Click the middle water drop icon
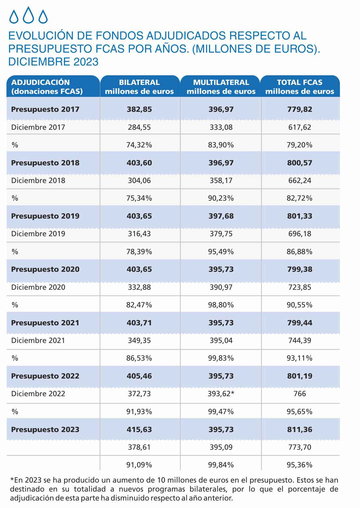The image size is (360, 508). (x=29, y=15)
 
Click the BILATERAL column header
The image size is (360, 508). (x=139, y=87)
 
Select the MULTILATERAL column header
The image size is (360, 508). (x=221, y=87)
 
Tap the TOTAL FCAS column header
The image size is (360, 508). (x=300, y=87)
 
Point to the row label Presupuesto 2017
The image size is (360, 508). (x=45, y=109)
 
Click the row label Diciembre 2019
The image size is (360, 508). (x=38, y=234)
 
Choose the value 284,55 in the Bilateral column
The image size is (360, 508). (x=139, y=127)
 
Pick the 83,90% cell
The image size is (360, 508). (x=221, y=145)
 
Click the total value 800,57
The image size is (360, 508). (x=300, y=163)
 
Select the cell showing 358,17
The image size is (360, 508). (x=221, y=181)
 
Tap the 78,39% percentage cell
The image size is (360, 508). (x=139, y=252)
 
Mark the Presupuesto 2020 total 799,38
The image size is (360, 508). (x=300, y=269)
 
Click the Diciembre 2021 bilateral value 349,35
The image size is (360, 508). (x=139, y=341)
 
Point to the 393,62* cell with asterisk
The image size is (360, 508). (x=221, y=394)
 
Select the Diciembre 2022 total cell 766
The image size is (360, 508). (x=300, y=394)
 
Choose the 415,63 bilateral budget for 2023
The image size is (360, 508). (x=139, y=430)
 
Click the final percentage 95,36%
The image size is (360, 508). (x=300, y=465)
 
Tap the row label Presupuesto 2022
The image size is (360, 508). (x=45, y=376)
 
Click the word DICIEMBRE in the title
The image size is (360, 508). (x=38, y=62)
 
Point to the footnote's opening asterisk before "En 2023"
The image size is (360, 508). (x=12, y=480)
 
